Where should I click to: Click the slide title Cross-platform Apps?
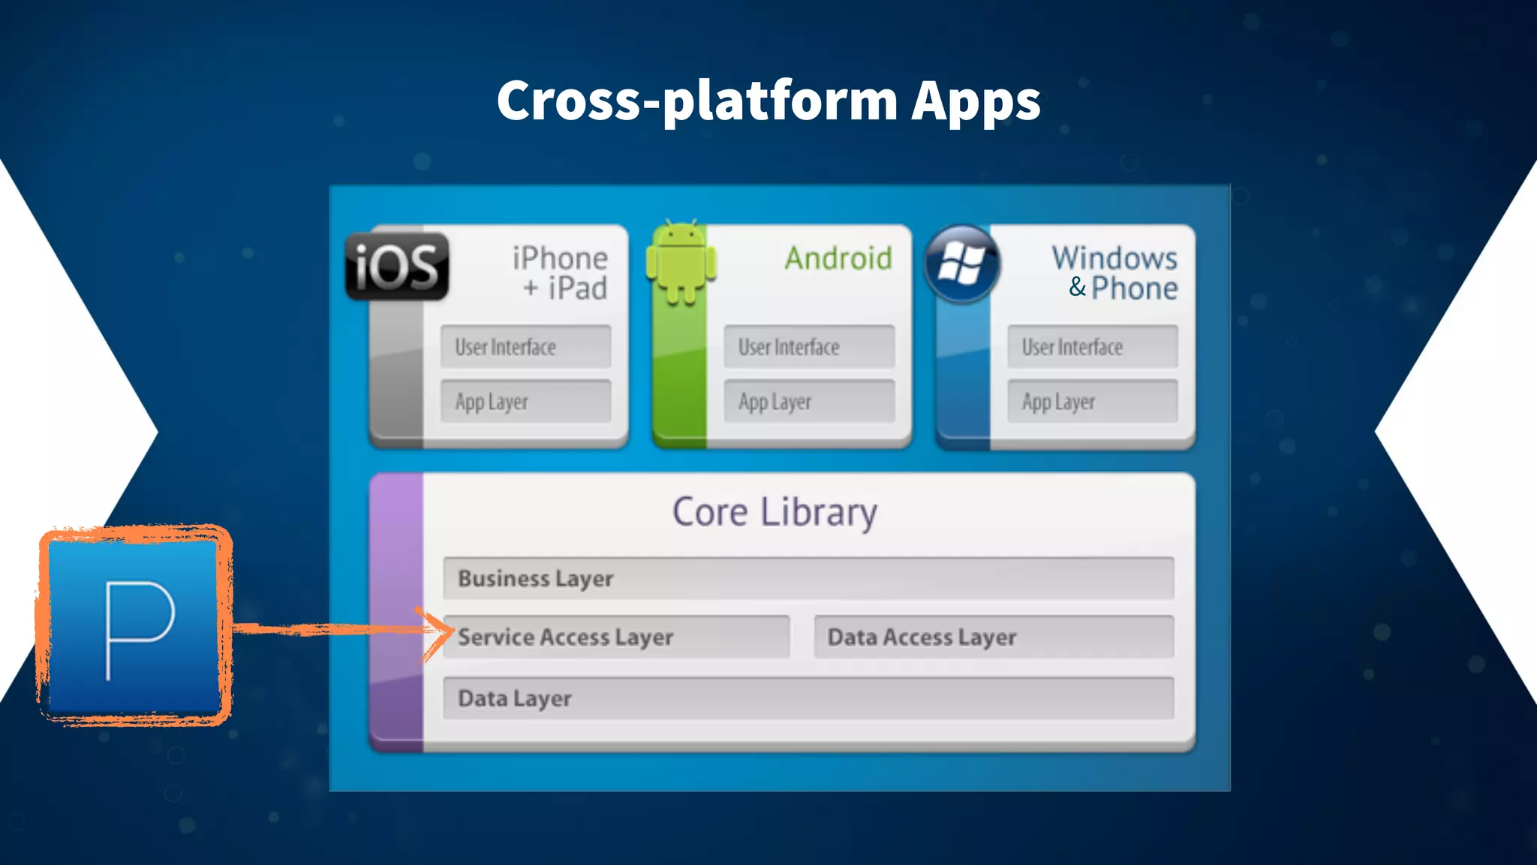tap(768, 101)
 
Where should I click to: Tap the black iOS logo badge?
tap(397, 267)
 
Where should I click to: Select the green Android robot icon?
tap(681, 263)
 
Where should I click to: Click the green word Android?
tap(838, 258)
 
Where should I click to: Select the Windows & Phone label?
tap(1116, 273)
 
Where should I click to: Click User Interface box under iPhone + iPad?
tap(525, 347)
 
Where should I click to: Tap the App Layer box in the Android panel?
tap(809, 402)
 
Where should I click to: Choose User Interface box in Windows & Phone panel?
tap(1092, 347)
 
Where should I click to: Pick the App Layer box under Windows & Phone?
tap(1092, 402)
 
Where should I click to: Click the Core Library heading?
tap(775, 512)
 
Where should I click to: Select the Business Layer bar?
tap(808, 578)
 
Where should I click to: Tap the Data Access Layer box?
tap(994, 637)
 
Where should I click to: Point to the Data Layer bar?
tap(808, 698)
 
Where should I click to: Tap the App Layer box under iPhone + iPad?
tap(525, 402)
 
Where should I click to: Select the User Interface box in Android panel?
tap(809, 347)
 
